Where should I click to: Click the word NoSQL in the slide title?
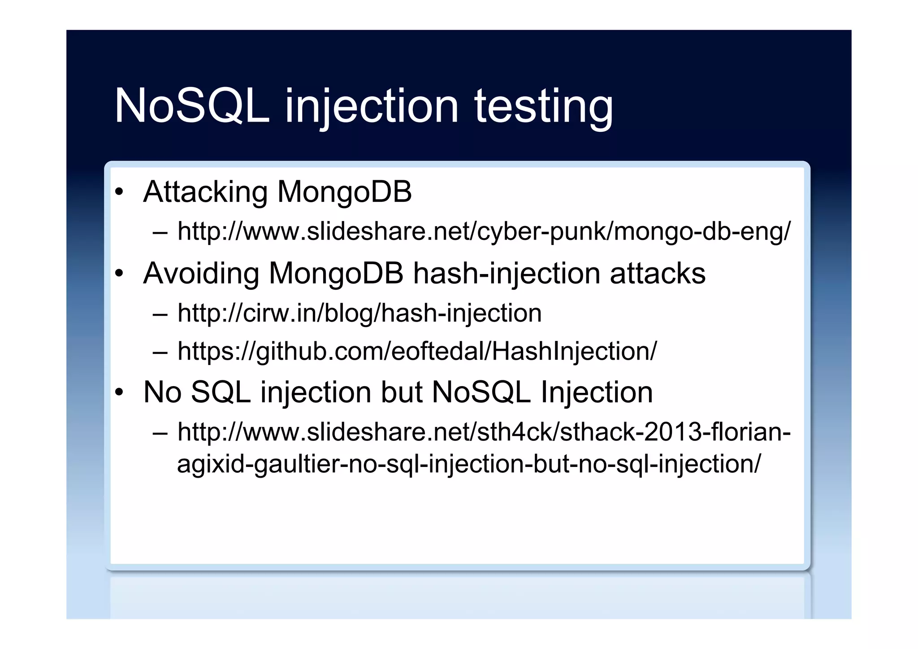pyautogui.click(x=192, y=106)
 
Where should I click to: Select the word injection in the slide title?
pyautogui.click(x=372, y=107)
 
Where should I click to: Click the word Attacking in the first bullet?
pyautogui.click(x=205, y=192)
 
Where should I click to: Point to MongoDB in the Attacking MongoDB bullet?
pyautogui.click(x=344, y=192)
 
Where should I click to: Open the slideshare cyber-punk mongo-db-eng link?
pyautogui.click(x=484, y=231)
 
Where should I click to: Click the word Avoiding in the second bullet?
pyautogui.click(x=201, y=273)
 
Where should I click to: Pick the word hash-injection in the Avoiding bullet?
pyautogui.click(x=507, y=273)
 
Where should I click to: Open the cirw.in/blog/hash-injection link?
pyautogui.click(x=359, y=313)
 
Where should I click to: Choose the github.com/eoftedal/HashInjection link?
pyautogui.click(x=417, y=351)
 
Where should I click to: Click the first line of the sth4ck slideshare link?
pyautogui.click(x=484, y=431)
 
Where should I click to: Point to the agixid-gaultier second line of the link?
pyautogui.click(x=469, y=463)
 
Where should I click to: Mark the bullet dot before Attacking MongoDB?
pyautogui.click(x=119, y=192)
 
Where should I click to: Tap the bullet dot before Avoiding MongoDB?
pyautogui.click(x=119, y=274)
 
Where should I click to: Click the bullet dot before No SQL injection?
pyautogui.click(x=119, y=392)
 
